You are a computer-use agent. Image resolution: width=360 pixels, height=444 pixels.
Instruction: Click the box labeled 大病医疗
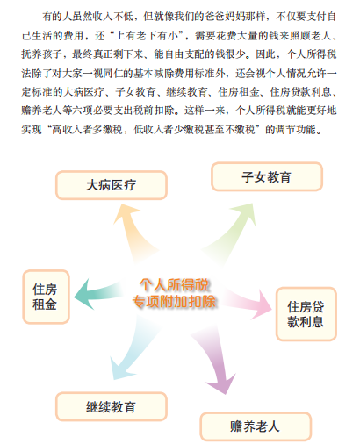112,185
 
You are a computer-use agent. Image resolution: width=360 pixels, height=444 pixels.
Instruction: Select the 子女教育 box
267,176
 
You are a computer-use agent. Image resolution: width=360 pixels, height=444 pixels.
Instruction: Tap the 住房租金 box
46,297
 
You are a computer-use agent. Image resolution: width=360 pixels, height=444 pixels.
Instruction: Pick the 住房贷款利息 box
306,314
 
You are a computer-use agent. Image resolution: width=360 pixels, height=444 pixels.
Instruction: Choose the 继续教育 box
112,406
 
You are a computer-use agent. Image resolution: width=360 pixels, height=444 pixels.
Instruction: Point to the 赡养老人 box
256,426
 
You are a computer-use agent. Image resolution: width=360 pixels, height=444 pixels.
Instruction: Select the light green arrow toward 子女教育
231,231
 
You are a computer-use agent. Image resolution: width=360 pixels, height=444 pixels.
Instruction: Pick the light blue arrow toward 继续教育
132,354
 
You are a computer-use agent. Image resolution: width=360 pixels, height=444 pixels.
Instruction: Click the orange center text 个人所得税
174,284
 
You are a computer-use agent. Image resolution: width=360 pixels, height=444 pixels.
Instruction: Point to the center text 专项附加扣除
174,301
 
